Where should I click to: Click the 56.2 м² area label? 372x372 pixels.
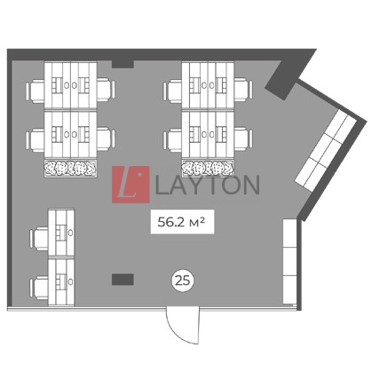182,222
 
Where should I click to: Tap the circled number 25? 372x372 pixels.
182,280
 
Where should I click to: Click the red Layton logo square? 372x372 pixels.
131,185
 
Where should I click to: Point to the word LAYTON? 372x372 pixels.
207,185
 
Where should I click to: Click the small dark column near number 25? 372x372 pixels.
123,280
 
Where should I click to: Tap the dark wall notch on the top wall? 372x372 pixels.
123,64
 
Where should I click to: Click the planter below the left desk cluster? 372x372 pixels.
70,169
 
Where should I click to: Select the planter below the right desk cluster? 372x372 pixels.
208,169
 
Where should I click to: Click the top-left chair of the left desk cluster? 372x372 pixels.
35,91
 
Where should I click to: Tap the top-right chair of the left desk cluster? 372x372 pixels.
106,90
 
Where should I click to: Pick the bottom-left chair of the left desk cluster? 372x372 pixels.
35,139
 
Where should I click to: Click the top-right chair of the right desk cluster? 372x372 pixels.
243,90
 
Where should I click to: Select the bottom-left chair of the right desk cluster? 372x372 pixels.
172,139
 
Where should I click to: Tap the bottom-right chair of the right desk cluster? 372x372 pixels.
243,139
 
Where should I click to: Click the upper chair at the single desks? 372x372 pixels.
39,239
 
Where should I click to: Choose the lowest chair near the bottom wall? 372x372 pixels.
39,288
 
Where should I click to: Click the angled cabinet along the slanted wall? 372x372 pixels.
326,150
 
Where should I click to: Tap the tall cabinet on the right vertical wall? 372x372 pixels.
289,261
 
